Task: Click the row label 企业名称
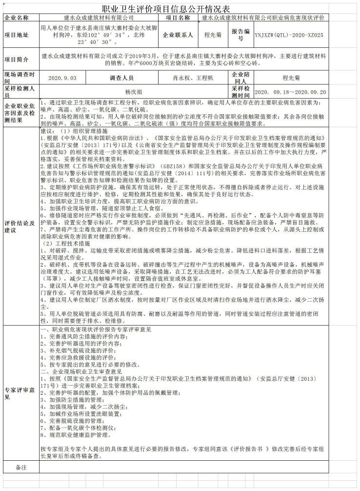[x=17, y=18]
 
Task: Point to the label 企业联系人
[x=178, y=35]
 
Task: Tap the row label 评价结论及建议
[x=20, y=226]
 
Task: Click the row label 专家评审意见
[x=20, y=393]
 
